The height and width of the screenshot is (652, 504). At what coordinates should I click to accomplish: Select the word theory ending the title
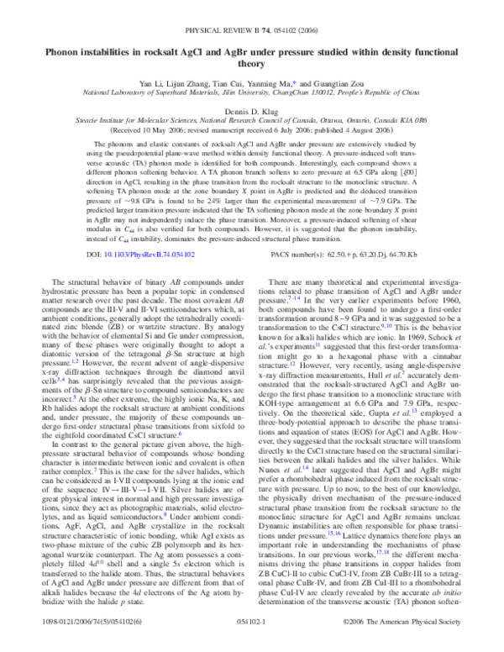tap(251, 39)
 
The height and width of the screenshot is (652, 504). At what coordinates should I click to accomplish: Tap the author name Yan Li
tap(151, 61)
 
